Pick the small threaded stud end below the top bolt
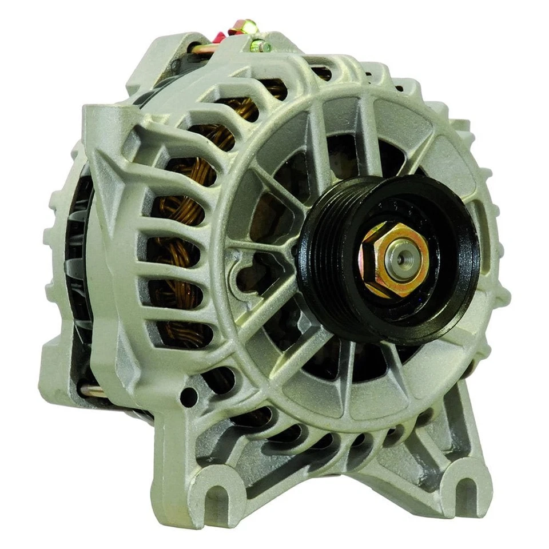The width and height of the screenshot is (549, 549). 264,46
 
